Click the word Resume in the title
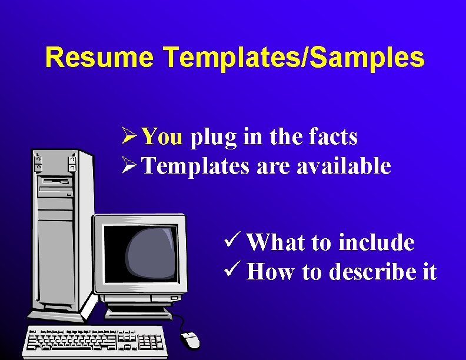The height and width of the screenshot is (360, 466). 99,58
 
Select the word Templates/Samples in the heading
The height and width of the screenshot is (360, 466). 294,58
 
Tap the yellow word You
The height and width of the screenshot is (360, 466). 163,136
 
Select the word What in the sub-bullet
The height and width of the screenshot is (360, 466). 275,242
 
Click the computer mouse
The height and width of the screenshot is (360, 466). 191,339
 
